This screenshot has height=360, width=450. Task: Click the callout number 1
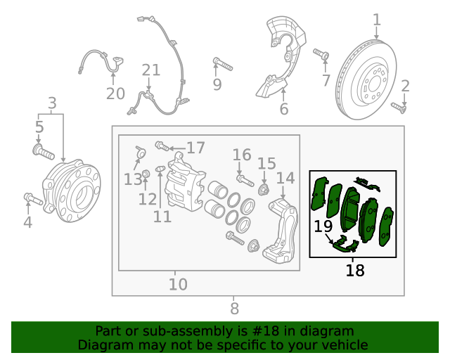click(x=377, y=20)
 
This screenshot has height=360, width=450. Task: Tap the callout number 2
click(x=405, y=86)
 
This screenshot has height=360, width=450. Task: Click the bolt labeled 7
click(x=321, y=54)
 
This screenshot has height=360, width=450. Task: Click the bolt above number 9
click(x=222, y=65)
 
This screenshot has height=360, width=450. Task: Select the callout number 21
click(x=151, y=70)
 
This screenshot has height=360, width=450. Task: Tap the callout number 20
click(x=115, y=94)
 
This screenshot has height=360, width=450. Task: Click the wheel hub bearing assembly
click(x=71, y=192)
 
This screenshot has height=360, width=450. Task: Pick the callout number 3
click(x=52, y=104)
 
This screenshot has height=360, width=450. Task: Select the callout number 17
click(x=195, y=148)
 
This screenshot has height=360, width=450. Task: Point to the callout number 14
click(x=285, y=178)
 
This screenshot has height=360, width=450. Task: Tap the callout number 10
click(x=178, y=284)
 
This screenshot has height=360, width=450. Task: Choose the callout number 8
click(x=234, y=308)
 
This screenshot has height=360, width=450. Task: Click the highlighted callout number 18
click(x=355, y=270)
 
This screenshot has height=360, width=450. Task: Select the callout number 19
click(x=323, y=226)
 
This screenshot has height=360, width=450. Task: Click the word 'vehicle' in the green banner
click(x=342, y=345)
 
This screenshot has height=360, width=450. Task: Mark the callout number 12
click(x=147, y=199)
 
